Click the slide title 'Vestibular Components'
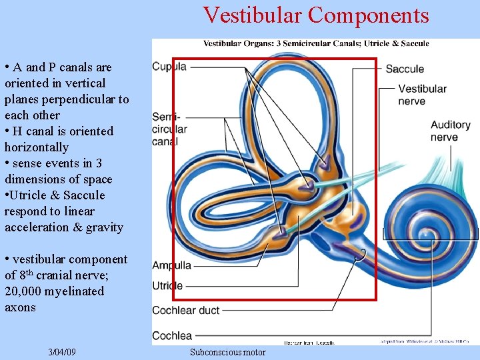(316, 15)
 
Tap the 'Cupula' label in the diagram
(169, 67)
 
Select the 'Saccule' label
(405, 69)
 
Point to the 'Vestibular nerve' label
(423, 95)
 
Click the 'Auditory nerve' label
(450, 131)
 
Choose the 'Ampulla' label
(171, 265)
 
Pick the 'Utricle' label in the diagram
(167, 285)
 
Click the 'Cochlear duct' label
(185, 310)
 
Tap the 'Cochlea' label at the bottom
(172, 335)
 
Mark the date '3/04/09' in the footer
(62, 352)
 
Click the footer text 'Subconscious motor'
(227, 352)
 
